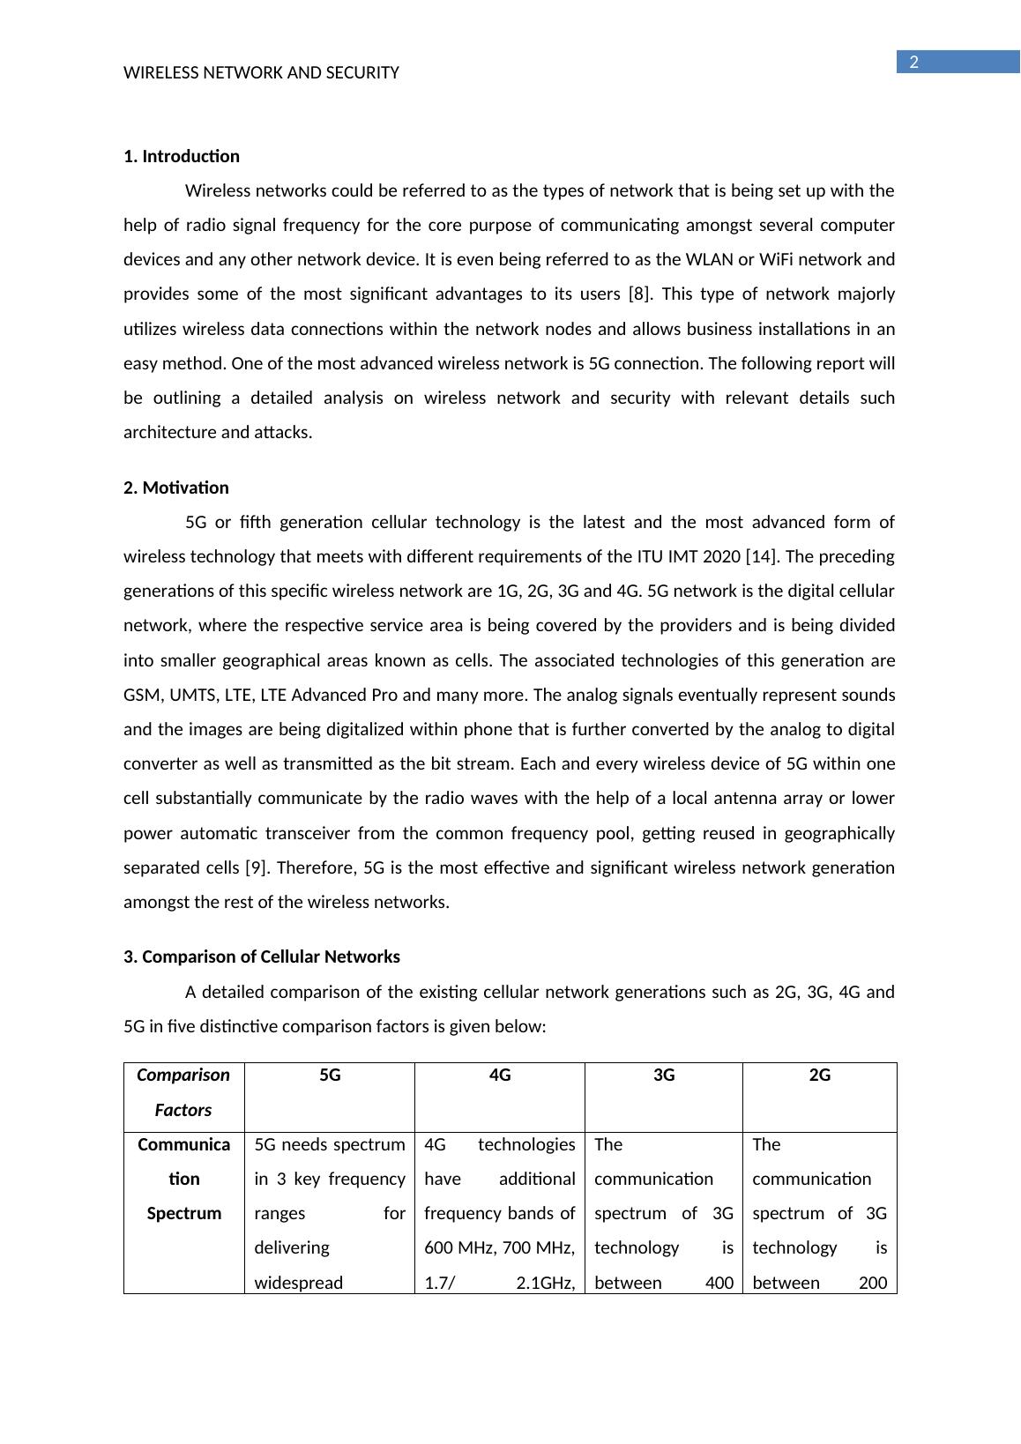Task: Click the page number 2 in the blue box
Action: [x=914, y=62]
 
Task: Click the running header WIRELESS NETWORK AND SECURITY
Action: [x=261, y=73]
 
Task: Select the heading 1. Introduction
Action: [x=182, y=156]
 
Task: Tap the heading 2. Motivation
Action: [x=176, y=488]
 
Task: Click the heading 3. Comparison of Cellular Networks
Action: [x=262, y=956]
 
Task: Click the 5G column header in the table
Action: [x=330, y=1075]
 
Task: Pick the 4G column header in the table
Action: [x=500, y=1075]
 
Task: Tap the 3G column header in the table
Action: [x=664, y=1075]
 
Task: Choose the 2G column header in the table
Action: [x=820, y=1075]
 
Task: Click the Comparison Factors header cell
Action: [x=183, y=1092]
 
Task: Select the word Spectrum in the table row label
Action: [x=184, y=1213]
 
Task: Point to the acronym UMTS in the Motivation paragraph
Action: [x=190, y=695]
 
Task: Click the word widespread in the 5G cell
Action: [x=298, y=1283]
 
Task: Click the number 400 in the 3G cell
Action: [x=719, y=1283]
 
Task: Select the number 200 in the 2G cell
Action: [x=872, y=1283]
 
